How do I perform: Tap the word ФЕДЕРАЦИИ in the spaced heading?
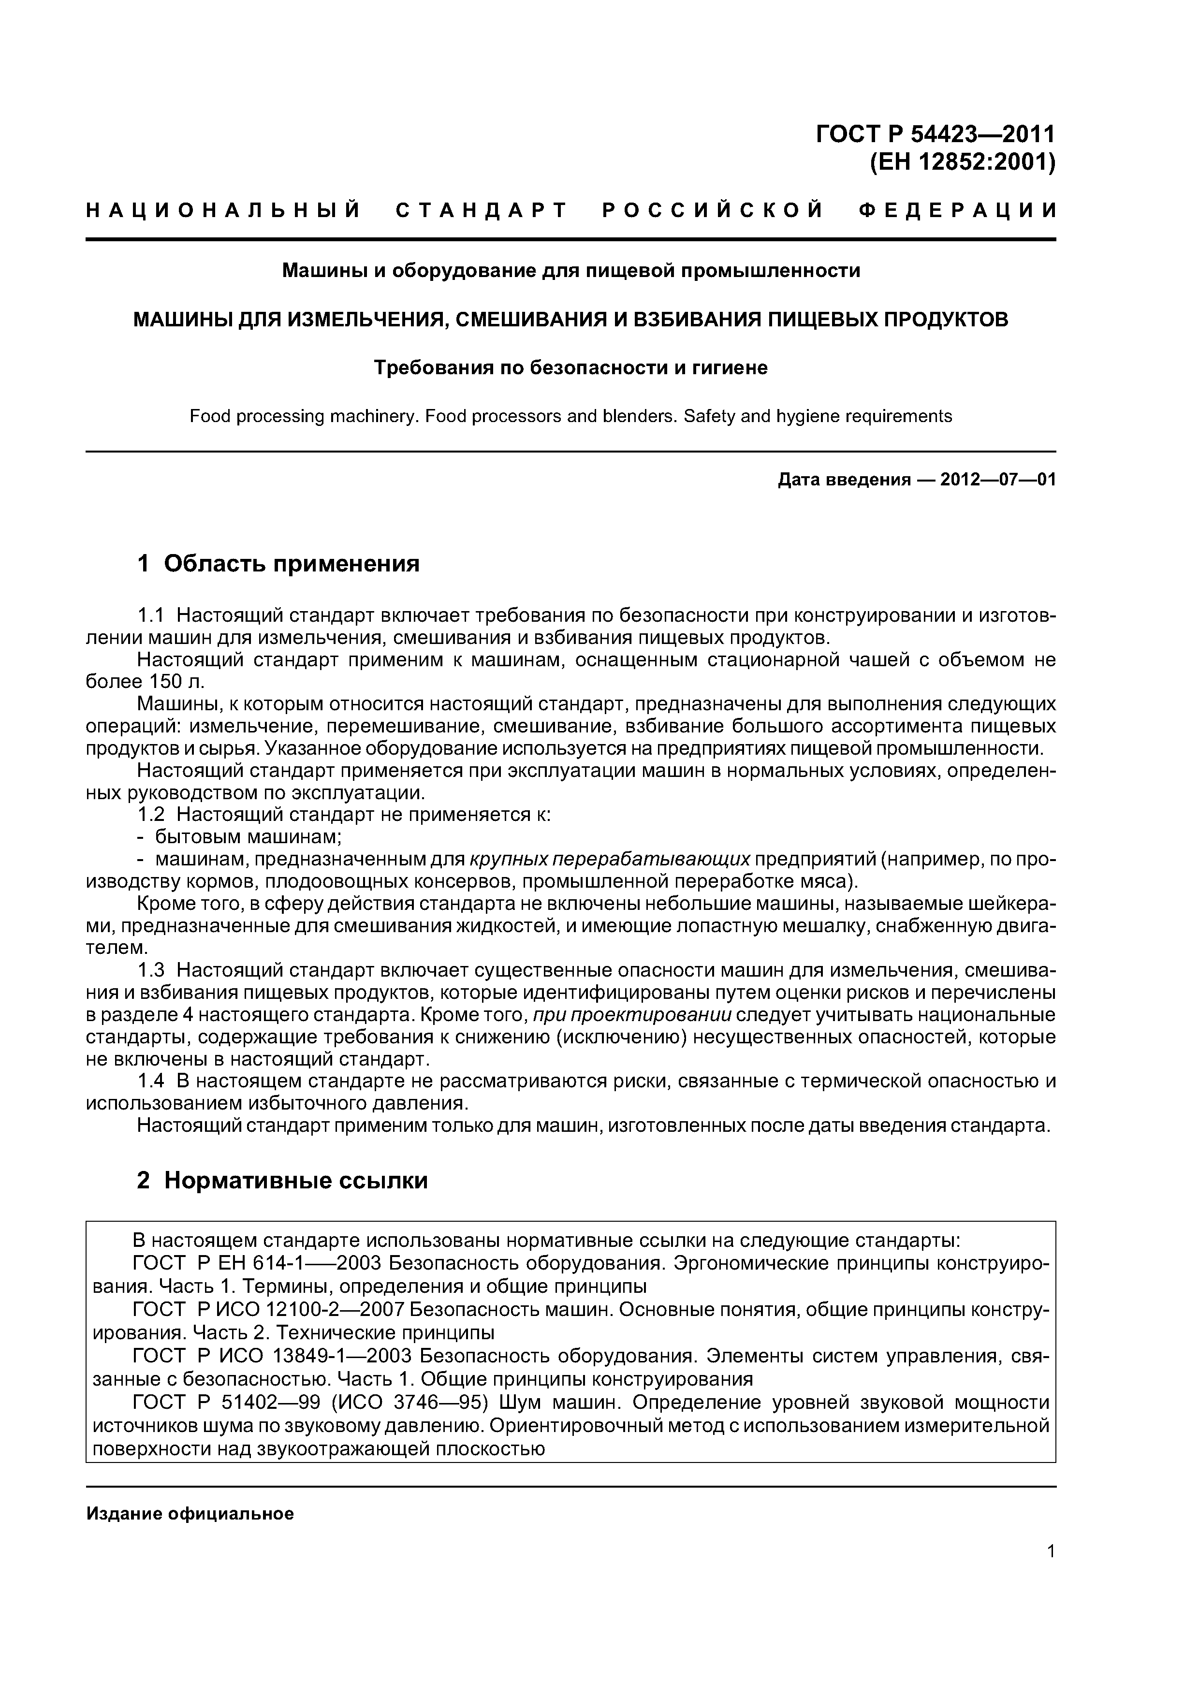pyautogui.click(x=958, y=210)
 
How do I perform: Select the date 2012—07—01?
pyautogui.click(x=997, y=480)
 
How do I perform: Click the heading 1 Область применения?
pyautogui.click(x=278, y=564)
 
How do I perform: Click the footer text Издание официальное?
pyautogui.click(x=190, y=1514)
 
